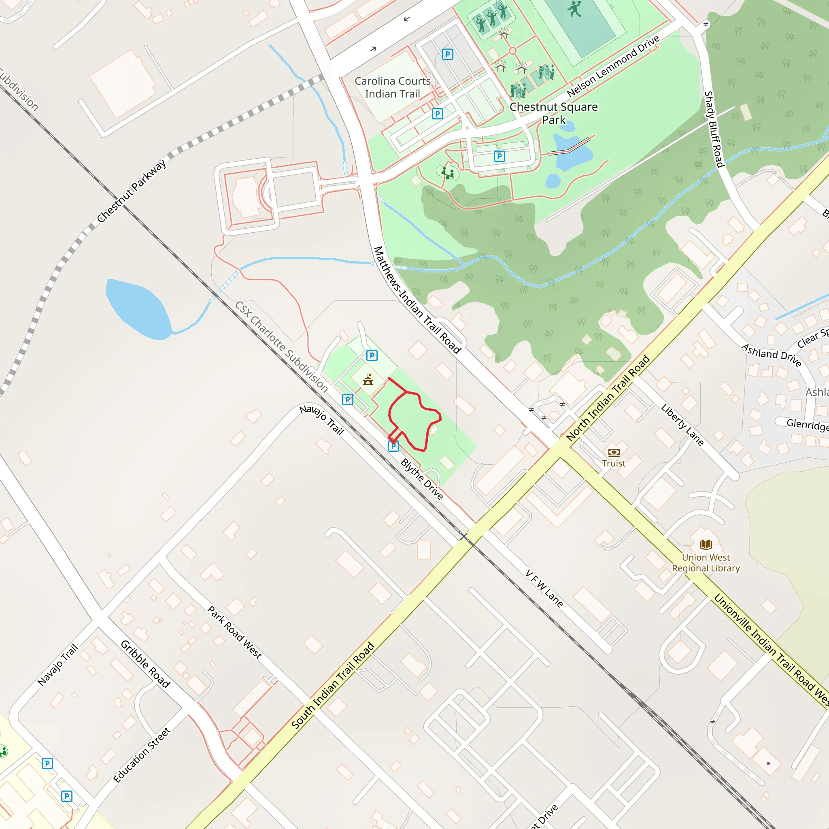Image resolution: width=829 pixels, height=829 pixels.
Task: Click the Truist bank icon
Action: tap(614, 452)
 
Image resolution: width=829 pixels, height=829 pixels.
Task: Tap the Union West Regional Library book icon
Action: tap(706, 544)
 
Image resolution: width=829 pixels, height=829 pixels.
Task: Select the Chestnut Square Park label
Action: tap(553, 113)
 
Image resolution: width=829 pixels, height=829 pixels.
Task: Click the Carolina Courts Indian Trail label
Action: tap(392, 87)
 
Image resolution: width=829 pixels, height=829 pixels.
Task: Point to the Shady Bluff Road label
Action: tap(714, 129)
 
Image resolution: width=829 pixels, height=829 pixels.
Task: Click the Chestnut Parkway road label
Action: tap(131, 191)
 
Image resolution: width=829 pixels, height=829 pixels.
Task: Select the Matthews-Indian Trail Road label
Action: tap(417, 300)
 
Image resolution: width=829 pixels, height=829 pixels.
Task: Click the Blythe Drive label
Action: tap(422, 479)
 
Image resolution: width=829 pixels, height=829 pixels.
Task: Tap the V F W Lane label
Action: tap(544, 588)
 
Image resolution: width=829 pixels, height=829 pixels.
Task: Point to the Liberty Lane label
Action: tap(682, 425)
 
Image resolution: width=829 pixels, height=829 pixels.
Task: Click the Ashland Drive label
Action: tap(772, 355)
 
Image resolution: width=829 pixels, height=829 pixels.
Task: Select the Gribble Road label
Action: tap(145, 664)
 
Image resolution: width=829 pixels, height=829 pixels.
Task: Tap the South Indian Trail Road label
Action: tap(333, 685)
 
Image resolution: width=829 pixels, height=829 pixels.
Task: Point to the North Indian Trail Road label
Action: tap(608, 398)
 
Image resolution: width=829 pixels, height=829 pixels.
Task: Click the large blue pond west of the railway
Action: tap(138, 308)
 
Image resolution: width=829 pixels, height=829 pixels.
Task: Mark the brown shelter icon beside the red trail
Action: tap(368, 379)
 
